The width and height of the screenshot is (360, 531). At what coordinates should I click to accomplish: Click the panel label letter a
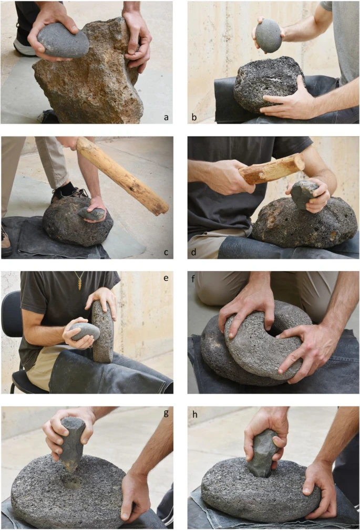[166, 117]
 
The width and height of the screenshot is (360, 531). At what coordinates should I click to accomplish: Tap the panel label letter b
[194, 117]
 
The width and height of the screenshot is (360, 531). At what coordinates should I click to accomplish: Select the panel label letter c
[166, 252]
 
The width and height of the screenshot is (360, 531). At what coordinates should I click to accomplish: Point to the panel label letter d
[194, 252]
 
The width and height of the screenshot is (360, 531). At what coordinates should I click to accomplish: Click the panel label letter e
[166, 278]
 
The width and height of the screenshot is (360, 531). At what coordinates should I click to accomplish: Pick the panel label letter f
[193, 278]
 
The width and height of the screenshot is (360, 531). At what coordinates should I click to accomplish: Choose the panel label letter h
[194, 414]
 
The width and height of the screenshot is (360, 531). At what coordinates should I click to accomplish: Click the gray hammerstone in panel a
[63, 40]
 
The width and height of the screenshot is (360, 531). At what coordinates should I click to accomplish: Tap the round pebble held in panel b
[268, 36]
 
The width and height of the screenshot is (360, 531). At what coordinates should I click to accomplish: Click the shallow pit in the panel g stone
[71, 481]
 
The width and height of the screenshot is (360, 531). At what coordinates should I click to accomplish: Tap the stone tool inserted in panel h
[263, 453]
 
